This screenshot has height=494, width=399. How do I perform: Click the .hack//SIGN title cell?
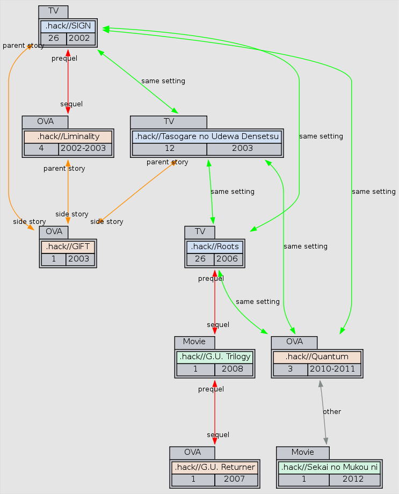coord(68,26)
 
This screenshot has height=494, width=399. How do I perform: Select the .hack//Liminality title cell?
coord(68,136)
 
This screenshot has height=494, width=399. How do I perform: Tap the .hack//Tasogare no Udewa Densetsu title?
coord(207,136)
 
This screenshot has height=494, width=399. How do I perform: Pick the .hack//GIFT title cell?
coord(68,247)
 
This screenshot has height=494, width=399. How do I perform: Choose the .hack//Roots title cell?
coord(215,247)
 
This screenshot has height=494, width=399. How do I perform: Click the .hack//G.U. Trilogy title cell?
coord(214,357)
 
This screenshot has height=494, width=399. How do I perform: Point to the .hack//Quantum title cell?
coord(317,357)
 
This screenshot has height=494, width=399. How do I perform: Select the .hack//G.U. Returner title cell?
coord(214,467)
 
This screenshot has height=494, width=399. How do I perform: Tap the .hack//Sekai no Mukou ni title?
coord(329,467)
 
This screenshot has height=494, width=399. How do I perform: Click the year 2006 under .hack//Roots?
coord(228,259)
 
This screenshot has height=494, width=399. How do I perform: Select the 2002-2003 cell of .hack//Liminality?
coord(84,149)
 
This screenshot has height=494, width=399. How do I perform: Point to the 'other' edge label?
coord(332,411)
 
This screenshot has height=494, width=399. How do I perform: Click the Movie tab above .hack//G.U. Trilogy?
coord(194,342)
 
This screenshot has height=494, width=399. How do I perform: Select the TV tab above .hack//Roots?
coord(200,231)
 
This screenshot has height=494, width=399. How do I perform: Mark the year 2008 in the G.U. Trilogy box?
coord(233,369)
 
